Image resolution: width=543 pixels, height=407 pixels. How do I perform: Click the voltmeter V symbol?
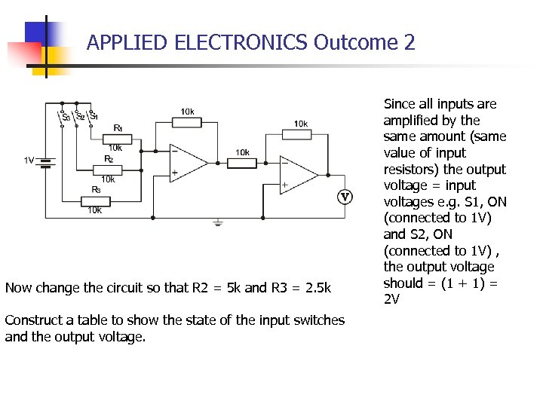tap(345, 197)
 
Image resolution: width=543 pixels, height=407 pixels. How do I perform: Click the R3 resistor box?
tap(95, 200)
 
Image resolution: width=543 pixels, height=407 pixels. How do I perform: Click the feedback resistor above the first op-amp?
tap(187, 122)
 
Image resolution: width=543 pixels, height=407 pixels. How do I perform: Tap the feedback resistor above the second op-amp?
tap(299, 134)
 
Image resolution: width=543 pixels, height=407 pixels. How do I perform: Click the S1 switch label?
tap(93, 115)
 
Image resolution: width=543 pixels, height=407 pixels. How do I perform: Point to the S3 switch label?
tap(66, 117)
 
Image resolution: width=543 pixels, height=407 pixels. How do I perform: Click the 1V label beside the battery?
tap(29, 160)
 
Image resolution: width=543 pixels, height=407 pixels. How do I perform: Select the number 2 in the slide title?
tap(410, 42)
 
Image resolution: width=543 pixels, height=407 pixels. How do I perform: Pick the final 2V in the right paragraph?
tap(392, 299)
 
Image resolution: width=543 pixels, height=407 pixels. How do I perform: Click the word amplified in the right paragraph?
tap(412, 121)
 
